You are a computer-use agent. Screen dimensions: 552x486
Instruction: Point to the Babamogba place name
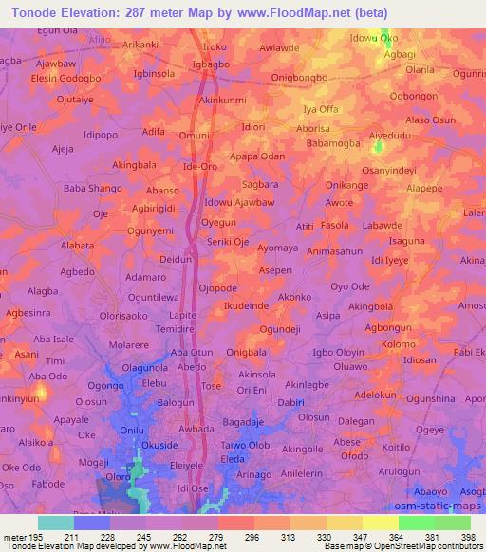click(x=331, y=143)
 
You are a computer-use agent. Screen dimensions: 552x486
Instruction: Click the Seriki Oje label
click(x=228, y=241)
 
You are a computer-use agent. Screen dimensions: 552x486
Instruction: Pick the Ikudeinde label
click(x=246, y=307)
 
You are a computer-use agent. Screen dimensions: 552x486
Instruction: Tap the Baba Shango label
click(x=92, y=189)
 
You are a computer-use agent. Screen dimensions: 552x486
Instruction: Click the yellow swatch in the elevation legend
click(x=380, y=523)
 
